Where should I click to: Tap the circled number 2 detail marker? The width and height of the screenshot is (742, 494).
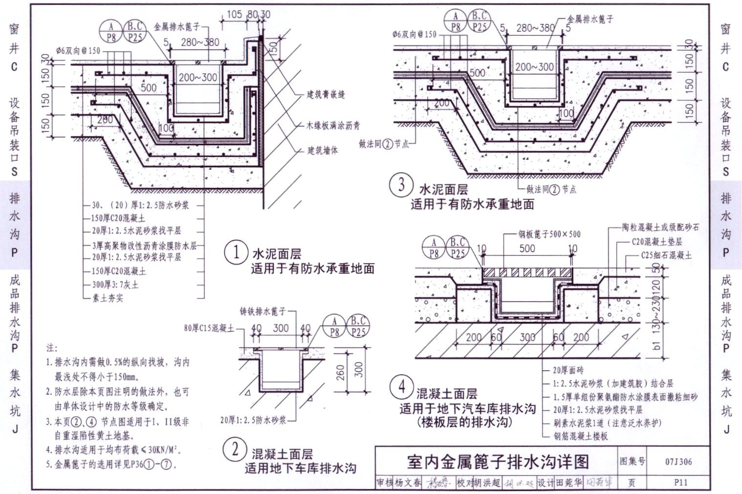coord(235,449)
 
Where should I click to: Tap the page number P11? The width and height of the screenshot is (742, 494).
coord(680,482)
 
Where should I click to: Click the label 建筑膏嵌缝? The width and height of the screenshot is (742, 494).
coord(326,94)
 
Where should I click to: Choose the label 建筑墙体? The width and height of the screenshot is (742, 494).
coord(323,150)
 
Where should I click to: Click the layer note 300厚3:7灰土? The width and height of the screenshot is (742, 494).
coord(115,284)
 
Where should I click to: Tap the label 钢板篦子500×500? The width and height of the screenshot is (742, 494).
coord(549,234)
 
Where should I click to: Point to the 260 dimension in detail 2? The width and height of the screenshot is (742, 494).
coord(340,373)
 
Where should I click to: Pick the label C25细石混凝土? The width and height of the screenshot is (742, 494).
coord(666,255)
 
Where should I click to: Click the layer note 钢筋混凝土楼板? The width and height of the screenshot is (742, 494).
coord(581,436)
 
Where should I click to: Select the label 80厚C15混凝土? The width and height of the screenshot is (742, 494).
coord(209,328)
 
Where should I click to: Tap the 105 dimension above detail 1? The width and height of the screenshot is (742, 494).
coord(235,15)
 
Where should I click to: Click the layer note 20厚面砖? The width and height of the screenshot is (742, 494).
coord(568,370)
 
